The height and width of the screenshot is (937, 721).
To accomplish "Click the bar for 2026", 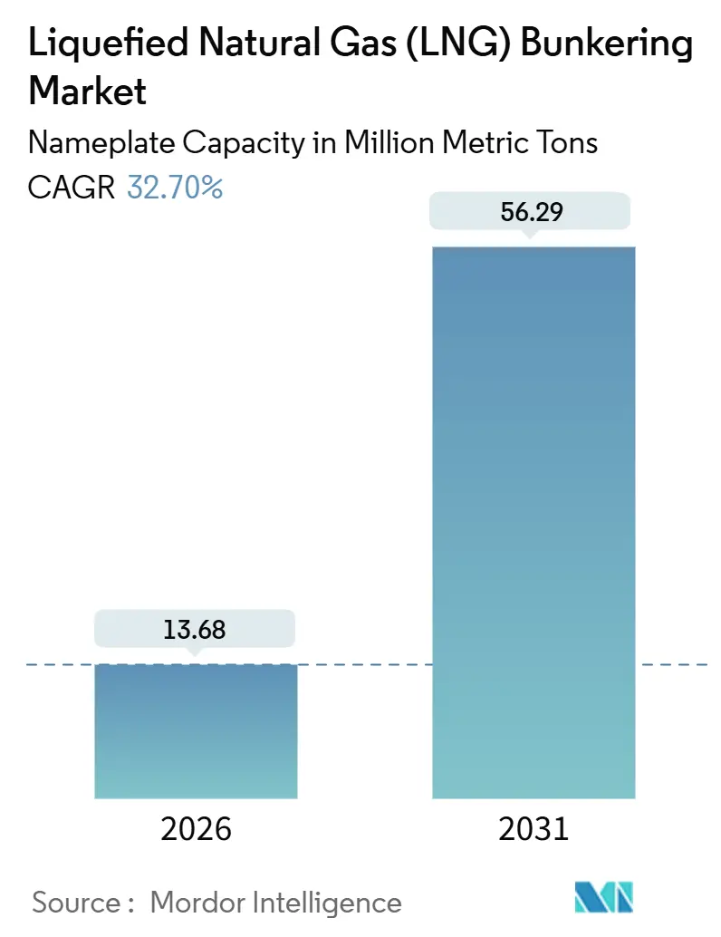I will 196,730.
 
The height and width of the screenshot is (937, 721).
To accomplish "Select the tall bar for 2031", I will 534,522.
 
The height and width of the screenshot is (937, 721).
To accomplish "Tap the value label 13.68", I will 196,629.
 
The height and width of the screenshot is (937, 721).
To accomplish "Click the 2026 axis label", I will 196,828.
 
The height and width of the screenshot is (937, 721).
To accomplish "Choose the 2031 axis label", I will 534,828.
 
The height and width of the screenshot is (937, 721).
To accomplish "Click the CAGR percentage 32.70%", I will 175,188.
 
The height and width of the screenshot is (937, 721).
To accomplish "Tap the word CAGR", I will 72,188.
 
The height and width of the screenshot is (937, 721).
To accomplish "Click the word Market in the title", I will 88,91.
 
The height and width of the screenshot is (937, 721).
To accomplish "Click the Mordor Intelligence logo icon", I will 604,897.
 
